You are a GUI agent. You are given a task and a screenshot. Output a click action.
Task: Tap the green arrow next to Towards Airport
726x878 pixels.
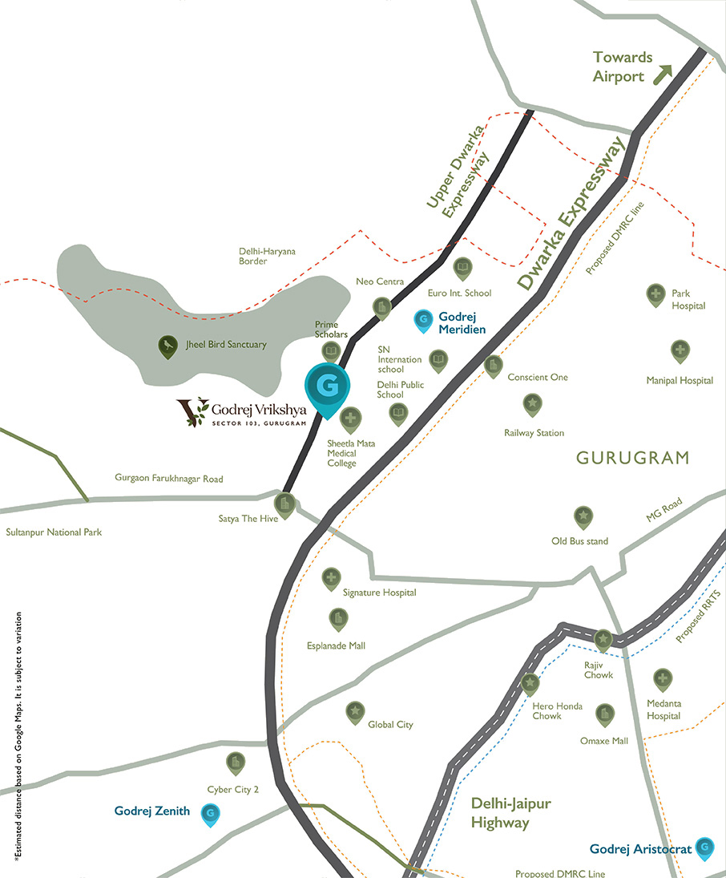(x=662, y=75)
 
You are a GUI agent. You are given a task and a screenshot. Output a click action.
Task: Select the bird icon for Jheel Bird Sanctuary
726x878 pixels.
(x=167, y=346)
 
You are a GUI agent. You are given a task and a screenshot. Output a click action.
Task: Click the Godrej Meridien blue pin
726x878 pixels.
(x=422, y=321)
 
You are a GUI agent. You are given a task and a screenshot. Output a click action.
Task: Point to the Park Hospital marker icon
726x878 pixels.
(x=655, y=294)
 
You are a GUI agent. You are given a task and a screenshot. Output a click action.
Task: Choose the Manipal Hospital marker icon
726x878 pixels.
(x=680, y=350)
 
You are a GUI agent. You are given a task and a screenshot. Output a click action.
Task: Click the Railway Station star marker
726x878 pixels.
(x=532, y=403)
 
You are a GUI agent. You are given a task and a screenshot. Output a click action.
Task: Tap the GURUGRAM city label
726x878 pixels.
(x=632, y=459)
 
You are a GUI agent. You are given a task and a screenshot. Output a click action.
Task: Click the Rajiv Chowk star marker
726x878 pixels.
(x=603, y=639)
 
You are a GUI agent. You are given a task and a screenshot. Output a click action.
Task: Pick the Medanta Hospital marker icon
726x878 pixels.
(x=662, y=679)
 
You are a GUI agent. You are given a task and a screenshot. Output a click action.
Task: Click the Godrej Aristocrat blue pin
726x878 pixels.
(x=705, y=847)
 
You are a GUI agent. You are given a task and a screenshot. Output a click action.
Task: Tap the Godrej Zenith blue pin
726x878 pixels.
(x=210, y=814)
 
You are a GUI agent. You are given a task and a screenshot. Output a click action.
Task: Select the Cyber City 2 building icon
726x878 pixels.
(x=235, y=762)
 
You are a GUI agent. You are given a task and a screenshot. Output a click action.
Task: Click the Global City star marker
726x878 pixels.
(x=354, y=711)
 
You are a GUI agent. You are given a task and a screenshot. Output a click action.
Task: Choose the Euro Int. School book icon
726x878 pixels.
(x=462, y=268)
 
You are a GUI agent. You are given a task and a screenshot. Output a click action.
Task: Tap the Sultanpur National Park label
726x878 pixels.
(x=54, y=532)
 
